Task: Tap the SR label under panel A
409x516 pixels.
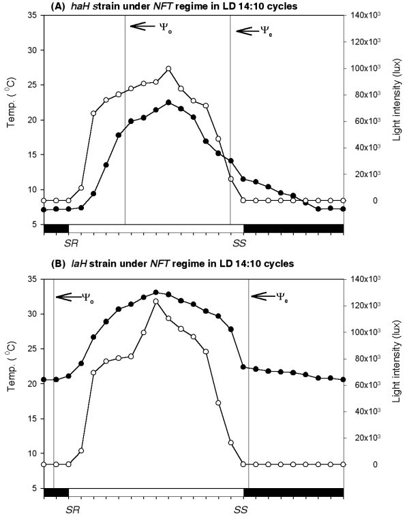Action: pyautogui.click(x=70, y=242)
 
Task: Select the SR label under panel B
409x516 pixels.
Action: pyautogui.click(x=70, y=508)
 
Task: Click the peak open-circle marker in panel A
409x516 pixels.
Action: pyautogui.click(x=168, y=69)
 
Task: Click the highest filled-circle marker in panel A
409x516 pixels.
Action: pyautogui.click(x=168, y=103)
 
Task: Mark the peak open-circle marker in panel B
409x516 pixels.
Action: pyautogui.click(x=156, y=301)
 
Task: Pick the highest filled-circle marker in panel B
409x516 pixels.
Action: pyautogui.click(x=156, y=292)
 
